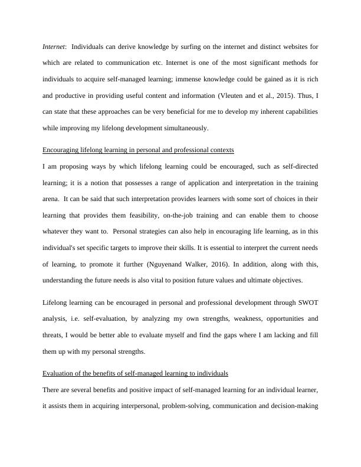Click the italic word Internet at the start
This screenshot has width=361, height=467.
(x=54, y=45)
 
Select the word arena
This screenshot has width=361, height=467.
(x=51, y=199)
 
